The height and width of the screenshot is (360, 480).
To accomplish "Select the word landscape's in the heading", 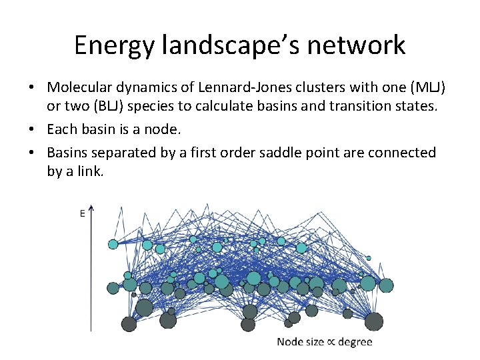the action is tap(237, 45).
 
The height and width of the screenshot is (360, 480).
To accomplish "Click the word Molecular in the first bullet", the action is tap(81, 87).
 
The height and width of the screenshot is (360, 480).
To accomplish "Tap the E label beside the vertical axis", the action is tap(82, 214).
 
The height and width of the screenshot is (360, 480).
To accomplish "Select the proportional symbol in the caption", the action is tap(331, 342).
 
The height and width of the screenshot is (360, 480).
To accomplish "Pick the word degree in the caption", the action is tap(355, 343).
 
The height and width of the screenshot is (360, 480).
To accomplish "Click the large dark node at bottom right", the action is tap(373, 321).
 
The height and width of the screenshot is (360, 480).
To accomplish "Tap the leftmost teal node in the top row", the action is tap(113, 245).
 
